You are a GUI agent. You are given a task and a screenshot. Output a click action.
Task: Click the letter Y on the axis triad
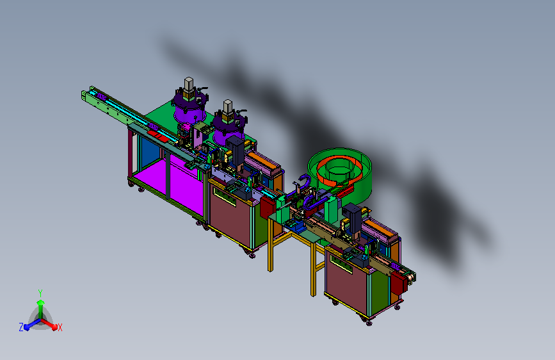[x=40, y=293]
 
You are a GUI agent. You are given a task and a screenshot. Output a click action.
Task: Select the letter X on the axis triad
[x=60, y=328]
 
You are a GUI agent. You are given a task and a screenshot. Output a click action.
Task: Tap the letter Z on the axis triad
[x=21, y=327]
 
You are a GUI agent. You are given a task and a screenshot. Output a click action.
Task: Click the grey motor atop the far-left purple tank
[x=189, y=85]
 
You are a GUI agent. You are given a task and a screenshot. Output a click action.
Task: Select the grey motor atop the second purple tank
[x=228, y=106]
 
